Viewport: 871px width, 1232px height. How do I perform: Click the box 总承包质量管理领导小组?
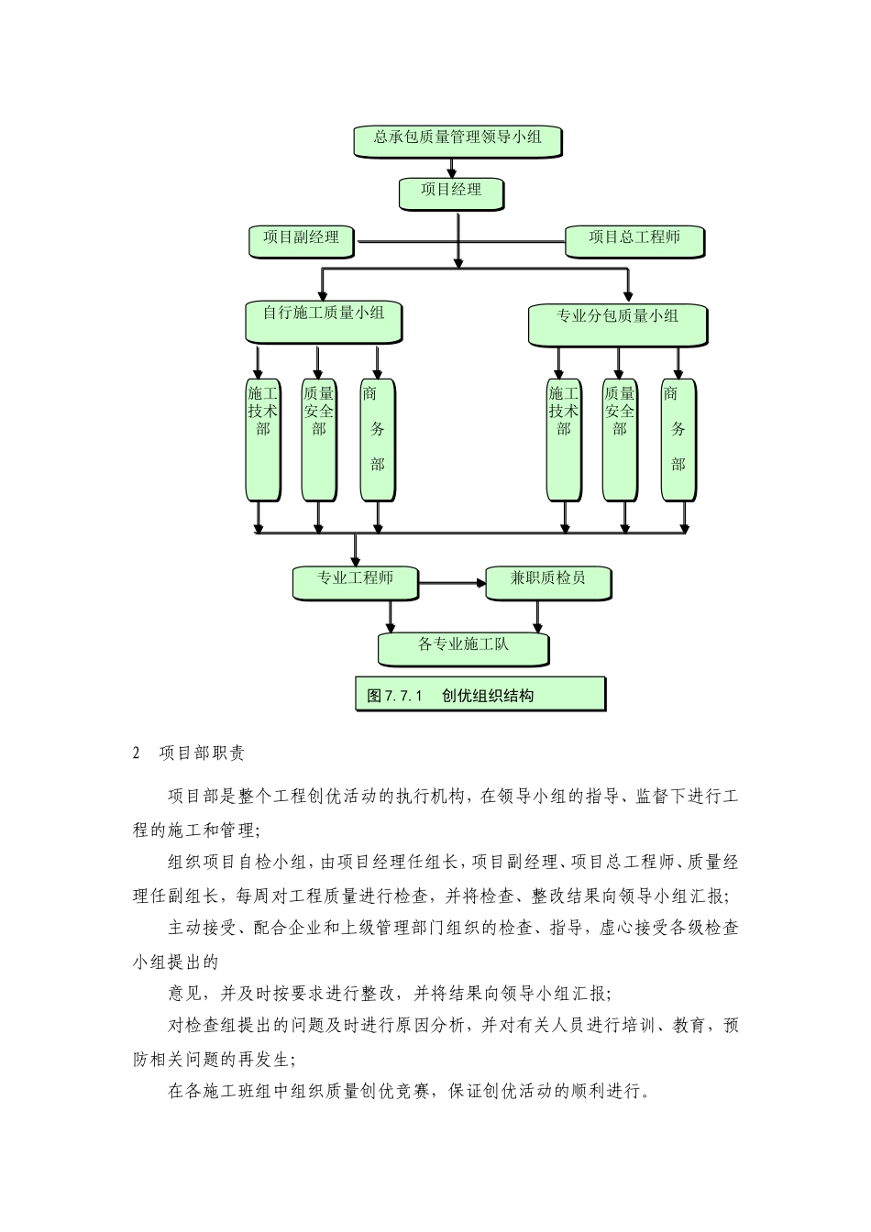coord(457,139)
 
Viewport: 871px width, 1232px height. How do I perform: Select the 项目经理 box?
coord(451,192)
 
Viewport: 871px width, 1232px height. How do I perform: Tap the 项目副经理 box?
coord(302,239)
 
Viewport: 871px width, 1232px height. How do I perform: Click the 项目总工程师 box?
coord(634,239)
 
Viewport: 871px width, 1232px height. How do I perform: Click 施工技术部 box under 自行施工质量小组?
coord(262,438)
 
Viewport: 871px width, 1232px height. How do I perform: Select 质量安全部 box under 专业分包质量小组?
coord(619,438)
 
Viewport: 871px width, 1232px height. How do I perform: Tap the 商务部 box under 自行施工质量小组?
coord(376,438)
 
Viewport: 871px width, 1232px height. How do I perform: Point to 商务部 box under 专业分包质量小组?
coord(678,438)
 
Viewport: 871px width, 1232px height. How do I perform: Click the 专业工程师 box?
coord(355,581)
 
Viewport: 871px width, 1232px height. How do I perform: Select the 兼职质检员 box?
coord(547,581)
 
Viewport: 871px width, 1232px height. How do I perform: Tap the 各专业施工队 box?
coord(463,646)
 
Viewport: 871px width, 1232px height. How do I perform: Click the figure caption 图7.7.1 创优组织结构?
coord(480,694)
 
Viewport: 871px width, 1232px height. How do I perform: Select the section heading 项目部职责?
coord(202,753)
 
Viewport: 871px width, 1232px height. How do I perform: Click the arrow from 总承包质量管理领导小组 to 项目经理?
coord(451,167)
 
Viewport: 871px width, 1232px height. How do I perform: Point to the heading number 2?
coord(137,753)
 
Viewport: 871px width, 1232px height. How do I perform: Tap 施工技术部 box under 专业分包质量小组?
coord(563,438)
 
